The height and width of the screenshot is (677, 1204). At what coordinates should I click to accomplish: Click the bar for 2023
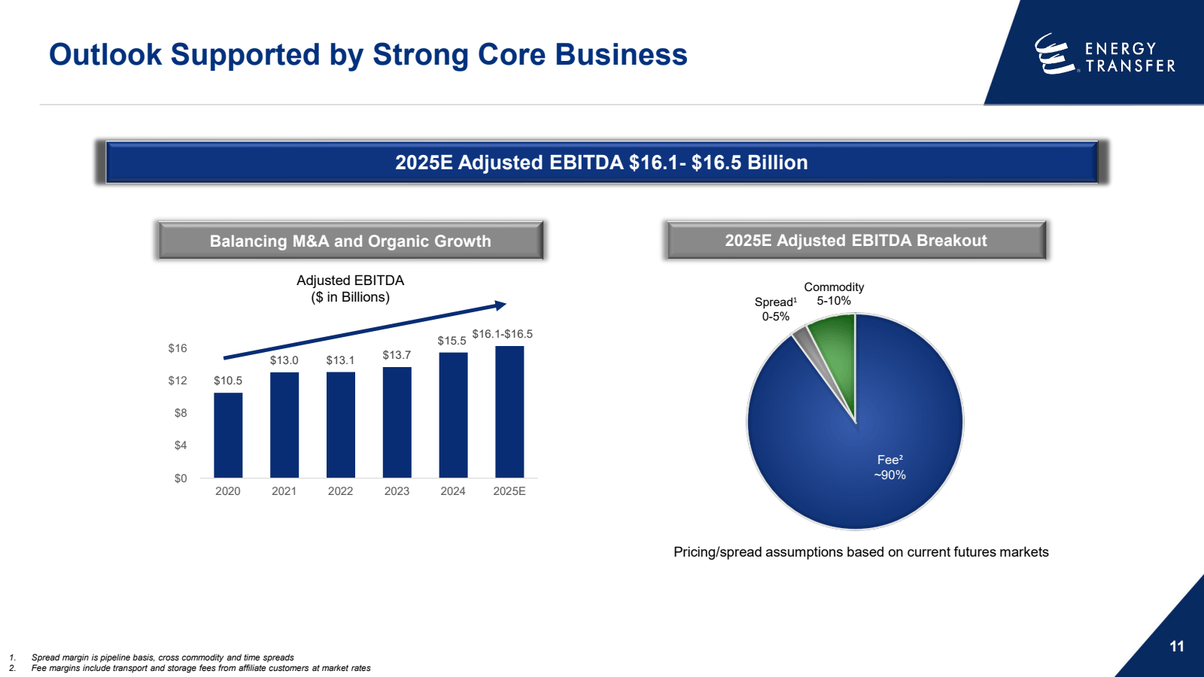coord(397,422)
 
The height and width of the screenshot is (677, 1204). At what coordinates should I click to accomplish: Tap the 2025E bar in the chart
coord(509,411)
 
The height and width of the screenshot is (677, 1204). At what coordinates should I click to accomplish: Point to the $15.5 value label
coord(451,341)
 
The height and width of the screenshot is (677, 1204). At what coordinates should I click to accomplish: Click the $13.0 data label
coord(284,360)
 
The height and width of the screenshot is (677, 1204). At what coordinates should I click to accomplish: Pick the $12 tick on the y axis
coord(178,381)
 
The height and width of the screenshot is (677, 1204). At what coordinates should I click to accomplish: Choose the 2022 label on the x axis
coord(340,491)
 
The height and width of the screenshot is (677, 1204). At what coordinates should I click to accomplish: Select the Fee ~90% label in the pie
coord(889,467)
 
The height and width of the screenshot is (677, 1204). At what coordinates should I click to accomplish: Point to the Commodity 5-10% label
coord(834,294)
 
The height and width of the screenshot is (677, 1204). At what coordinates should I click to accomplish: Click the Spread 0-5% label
coord(776,309)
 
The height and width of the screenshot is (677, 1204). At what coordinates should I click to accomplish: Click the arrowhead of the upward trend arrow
coord(500,305)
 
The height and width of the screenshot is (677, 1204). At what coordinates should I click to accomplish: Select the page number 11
coord(1177,646)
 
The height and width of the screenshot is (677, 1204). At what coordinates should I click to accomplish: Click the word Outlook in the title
coord(105,55)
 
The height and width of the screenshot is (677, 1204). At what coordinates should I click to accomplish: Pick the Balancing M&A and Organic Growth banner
coord(350,241)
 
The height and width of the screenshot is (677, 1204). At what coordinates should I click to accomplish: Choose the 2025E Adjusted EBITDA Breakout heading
coord(856,241)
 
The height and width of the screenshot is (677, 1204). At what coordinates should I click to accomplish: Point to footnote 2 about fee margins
coord(201,668)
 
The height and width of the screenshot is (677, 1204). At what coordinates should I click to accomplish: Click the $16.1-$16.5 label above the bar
coord(502,334)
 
